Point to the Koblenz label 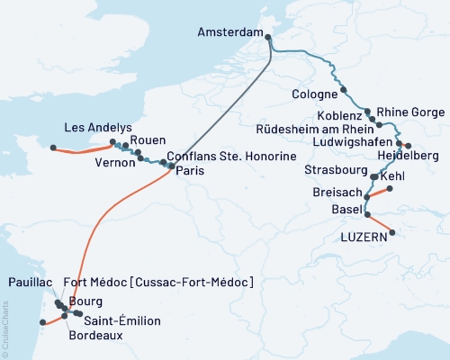340,116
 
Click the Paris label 184,170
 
